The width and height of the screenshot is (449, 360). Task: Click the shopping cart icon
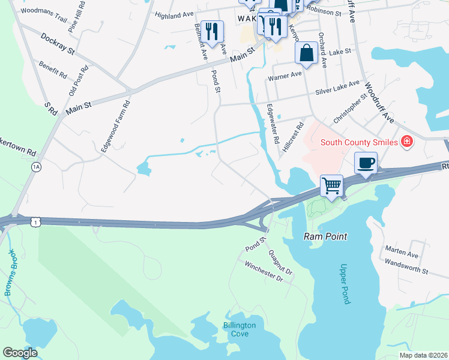(332, 185)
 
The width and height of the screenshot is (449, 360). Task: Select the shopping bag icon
(306, 52)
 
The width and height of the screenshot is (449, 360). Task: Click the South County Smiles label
(359, 142)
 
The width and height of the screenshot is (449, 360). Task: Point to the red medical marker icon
(407, 142)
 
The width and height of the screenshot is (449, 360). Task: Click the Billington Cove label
(240, 329)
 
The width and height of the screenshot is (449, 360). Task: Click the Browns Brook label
(11, 272)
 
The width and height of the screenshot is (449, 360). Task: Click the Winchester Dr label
(262, 270)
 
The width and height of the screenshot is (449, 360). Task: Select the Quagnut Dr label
(280, 262)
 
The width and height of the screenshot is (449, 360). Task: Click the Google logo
(20, 353)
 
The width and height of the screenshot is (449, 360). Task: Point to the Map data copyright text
(423, 355)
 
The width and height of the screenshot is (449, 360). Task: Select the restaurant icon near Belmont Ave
(211, 31)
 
